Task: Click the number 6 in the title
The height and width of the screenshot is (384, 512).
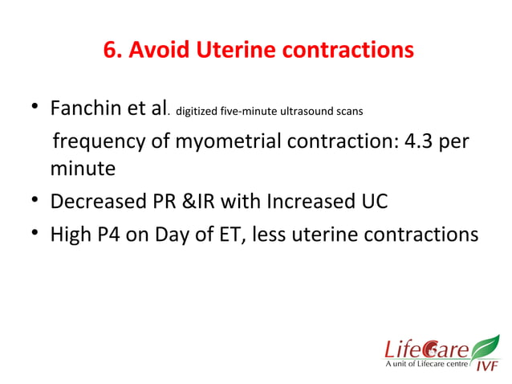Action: click(x=110, y=51)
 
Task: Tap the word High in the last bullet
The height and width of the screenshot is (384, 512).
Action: click(x=73, y=235)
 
